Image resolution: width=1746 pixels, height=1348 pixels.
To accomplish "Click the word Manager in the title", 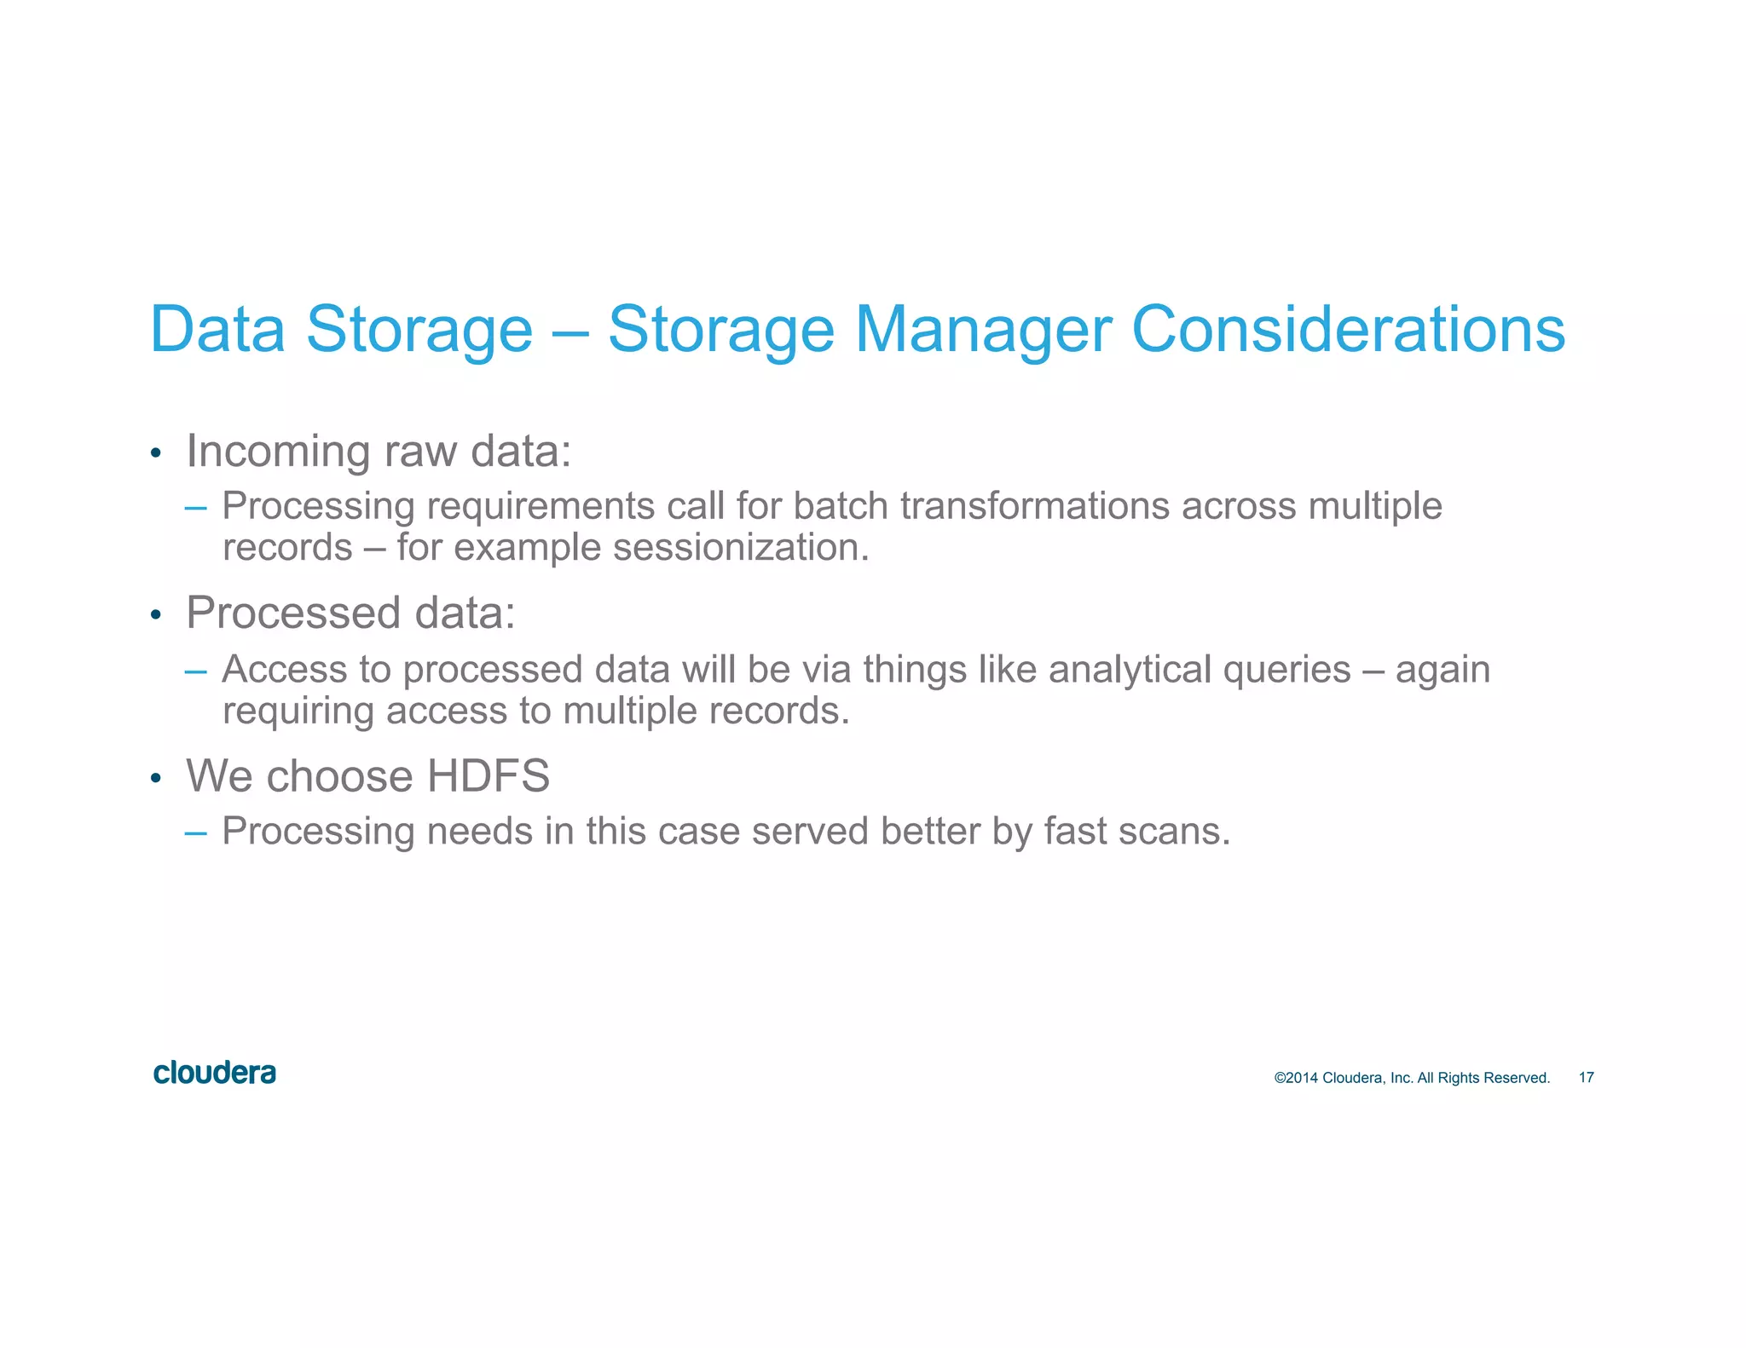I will click(983, 330).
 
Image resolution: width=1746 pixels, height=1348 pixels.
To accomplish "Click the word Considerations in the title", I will click(1348, 330).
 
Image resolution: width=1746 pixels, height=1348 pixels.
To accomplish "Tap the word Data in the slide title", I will click(217, 330).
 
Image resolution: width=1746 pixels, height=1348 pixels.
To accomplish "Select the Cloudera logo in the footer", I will click(215, 1073).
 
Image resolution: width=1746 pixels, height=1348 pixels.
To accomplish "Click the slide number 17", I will click(1586, 1078).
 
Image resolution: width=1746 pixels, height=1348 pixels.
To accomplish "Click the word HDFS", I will click(488, 776).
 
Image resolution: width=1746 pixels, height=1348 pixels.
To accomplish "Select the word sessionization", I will click(740, 547).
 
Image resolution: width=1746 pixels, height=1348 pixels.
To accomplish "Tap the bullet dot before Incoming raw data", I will click(155, 453).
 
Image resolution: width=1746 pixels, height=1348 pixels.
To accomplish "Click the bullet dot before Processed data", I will click(155, 615).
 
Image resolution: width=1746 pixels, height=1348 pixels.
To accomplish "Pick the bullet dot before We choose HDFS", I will click(155, 778).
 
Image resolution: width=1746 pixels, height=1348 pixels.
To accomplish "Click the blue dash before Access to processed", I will click(195, 671).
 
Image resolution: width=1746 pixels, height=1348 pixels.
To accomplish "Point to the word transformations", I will click(1034, 506).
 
